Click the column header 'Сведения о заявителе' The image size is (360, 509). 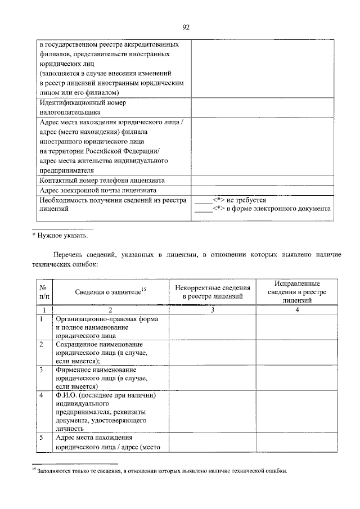click(x=110, y=291)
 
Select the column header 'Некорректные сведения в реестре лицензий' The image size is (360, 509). click(x=213, y=291)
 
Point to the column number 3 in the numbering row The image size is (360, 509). click(x=213, y=309)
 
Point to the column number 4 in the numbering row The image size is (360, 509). click(x=298, y=309)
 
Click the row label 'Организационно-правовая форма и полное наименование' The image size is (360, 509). click(x=106, y=327)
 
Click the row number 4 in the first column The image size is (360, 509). click(x=42, y=395)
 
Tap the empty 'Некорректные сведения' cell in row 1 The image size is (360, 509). click(x=213, y=327)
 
